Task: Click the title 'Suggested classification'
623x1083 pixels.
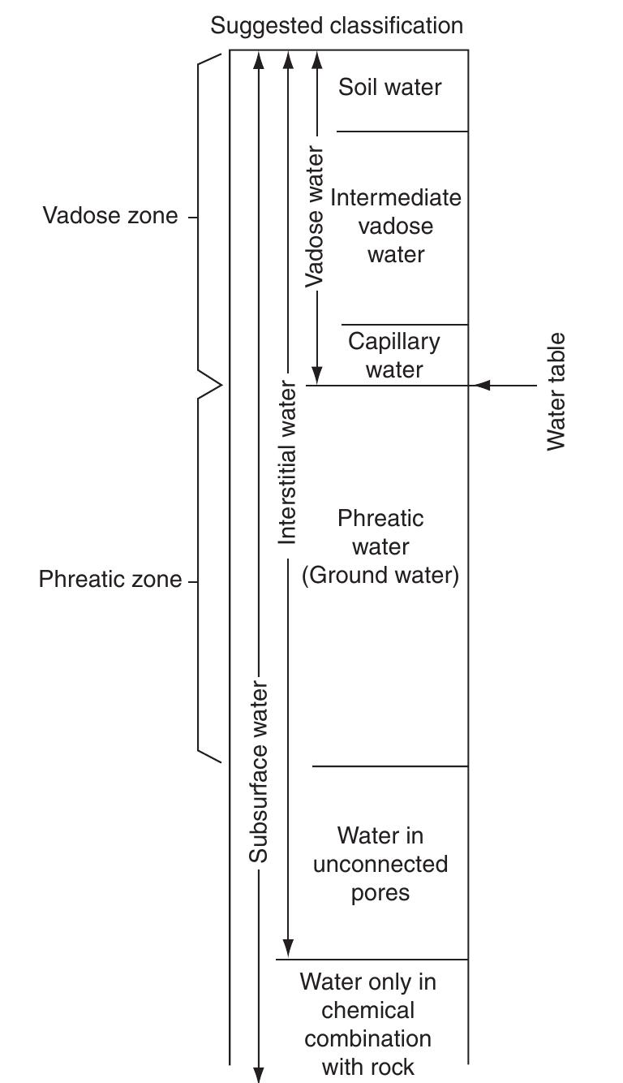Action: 337,25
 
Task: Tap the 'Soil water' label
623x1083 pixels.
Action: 390,87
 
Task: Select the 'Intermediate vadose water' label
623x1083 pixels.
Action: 396,226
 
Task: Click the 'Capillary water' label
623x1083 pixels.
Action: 394,355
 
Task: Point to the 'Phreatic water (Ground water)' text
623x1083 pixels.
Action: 380,546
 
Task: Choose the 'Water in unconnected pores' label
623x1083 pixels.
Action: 380,864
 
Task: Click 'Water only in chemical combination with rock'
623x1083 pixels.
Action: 368,1024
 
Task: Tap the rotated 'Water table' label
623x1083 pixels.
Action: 556,391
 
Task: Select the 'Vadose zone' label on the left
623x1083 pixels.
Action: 110,216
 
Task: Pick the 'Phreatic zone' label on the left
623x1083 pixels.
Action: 110,580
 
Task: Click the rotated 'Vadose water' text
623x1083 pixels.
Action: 315,217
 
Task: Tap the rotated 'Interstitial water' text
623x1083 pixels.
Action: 288,462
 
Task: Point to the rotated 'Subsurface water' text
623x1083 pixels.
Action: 259,772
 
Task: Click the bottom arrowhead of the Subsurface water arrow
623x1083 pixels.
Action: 259,1073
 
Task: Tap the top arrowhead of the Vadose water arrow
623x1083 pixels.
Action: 317,60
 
